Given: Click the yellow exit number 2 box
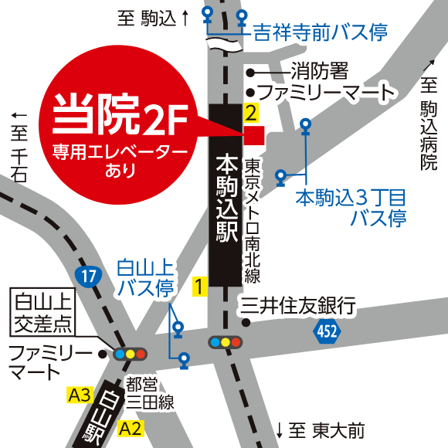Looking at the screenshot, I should point(249,113).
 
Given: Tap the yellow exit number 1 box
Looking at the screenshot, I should point(199,287).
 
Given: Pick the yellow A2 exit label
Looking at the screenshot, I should point(130,428).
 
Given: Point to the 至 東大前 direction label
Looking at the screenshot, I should point(320,429).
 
